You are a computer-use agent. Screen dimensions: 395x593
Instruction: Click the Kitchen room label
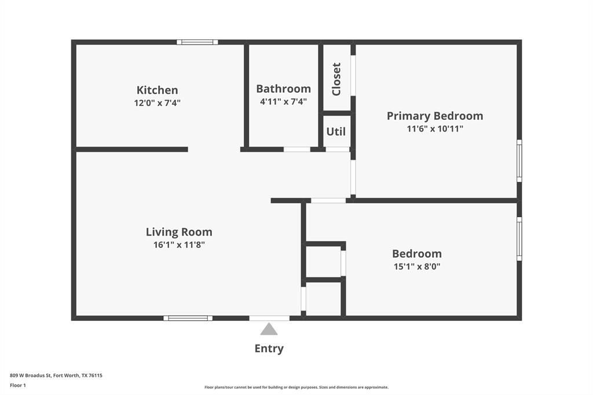(157, 90)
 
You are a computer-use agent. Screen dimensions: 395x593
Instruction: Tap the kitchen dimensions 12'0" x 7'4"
(157, 103)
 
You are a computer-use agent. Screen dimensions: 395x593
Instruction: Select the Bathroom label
(283, 89)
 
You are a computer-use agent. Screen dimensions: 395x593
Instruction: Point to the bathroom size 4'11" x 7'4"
(283, 101)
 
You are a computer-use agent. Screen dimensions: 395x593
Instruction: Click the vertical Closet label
(336, 79)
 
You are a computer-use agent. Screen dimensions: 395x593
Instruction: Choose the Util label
(336, 131)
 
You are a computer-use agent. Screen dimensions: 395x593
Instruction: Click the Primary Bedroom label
(434, 116)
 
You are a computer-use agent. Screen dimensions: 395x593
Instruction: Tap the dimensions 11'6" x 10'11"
(434, 129)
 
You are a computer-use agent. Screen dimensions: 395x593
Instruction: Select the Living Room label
(179, 232)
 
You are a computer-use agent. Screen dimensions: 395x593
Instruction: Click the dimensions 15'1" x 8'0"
(416, 266)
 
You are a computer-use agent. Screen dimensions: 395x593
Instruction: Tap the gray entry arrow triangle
(269, 330)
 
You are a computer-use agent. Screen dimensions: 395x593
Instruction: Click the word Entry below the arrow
(269, 349)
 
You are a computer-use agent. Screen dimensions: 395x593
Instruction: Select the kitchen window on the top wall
(197, 42)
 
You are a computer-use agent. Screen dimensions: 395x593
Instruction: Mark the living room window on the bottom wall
(188, 318)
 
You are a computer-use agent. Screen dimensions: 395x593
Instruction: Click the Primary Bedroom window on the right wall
(519, 160)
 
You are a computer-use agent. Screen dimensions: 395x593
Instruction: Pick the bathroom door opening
(296, 149)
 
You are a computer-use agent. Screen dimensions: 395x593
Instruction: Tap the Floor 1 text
(18, 385)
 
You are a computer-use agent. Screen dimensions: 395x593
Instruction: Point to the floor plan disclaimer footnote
(296, 387)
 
